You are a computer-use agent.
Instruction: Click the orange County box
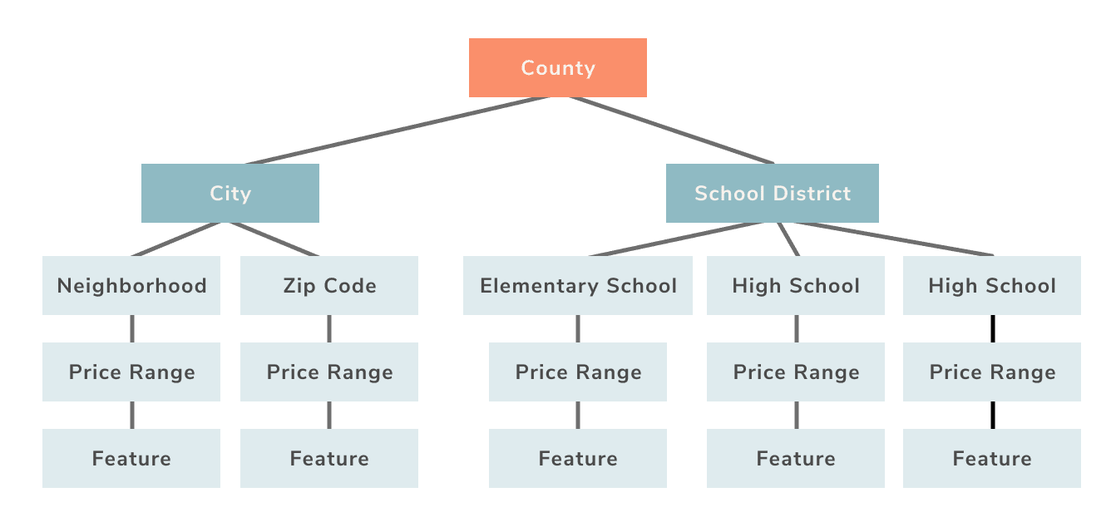(x=557, y=67)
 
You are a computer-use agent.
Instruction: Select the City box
(x=230, y=193)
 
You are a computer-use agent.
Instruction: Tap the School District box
(x=772, y=193)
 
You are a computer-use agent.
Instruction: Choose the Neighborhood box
(x=131, y=285)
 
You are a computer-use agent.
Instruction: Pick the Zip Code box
(x=329, y=285)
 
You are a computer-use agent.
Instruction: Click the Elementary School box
(x=578, y=285)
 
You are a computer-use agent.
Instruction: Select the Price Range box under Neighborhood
(x=131, y=372)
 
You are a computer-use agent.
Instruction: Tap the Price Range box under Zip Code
(x=329, y=372)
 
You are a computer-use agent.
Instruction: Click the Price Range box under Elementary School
(x=578, y=372)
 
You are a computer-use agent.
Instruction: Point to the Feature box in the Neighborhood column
(x=131, y=458)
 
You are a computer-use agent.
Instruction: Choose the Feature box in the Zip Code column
(x=329, y=458)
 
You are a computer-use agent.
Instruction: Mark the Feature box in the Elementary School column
(x=578, y=458)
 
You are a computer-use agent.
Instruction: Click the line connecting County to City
(x=398, y=130)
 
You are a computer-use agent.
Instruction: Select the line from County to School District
(x=672, y=130)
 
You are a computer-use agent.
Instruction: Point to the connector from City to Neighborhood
(x=176, y=239)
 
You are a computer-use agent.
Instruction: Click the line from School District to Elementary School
(x=678, y=239)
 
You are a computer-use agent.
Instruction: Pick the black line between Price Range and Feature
(x=992, y=415)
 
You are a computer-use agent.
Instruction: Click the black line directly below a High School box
(x=992, y=328)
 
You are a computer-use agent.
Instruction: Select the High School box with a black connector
(x=992, y=285)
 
